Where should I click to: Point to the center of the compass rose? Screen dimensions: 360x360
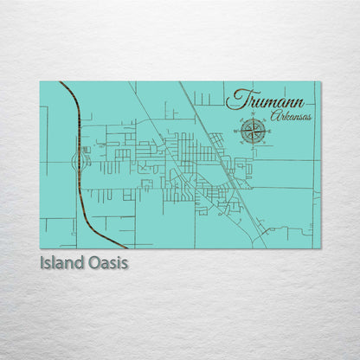(253, 132)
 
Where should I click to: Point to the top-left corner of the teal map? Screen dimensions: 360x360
(40, 81)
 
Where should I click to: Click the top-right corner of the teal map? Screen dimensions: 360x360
(320, 81)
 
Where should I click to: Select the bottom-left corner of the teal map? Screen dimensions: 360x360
(40, 248)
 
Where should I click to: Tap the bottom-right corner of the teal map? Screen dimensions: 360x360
(320, 248)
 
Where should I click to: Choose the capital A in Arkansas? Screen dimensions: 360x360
(274, 115)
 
